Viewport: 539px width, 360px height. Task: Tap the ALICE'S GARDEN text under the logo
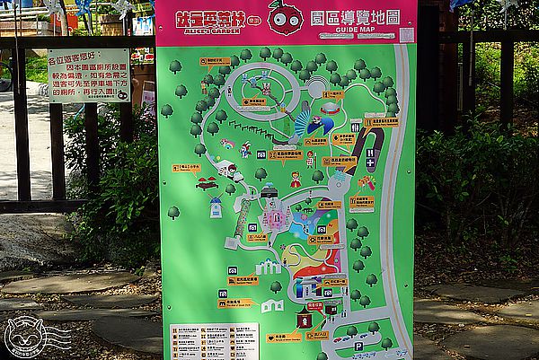[202, 31]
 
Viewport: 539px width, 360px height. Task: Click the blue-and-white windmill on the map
[216, 208]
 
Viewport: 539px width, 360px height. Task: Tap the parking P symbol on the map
[358, 346]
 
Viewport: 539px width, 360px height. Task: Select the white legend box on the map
[214, 341]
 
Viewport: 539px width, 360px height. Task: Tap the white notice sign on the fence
[89, 75]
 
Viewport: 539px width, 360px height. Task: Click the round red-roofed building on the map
[330, 107]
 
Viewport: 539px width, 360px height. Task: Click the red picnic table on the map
[208, 183]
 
